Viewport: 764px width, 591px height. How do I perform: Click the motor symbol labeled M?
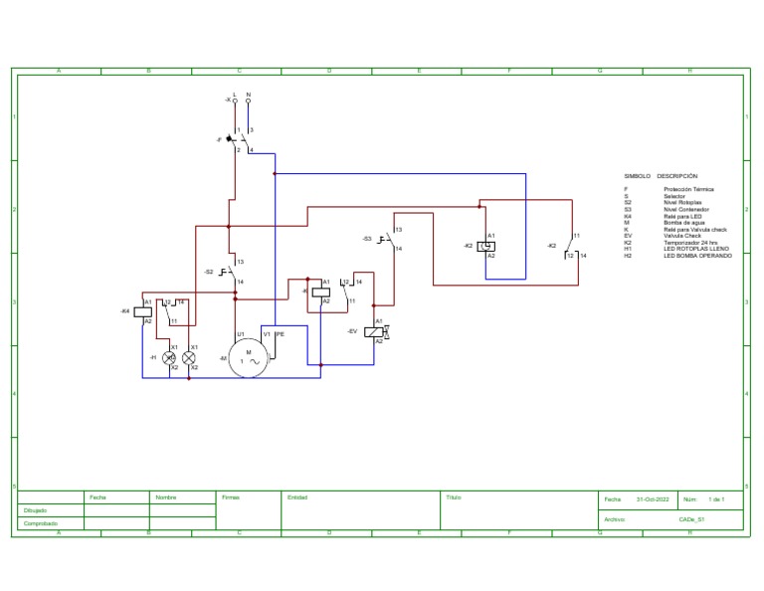[249, 357]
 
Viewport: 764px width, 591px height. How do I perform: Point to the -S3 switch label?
[367, 239]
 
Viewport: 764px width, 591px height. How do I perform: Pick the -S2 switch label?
[208, 272]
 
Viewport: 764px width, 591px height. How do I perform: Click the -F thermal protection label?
[218, 140]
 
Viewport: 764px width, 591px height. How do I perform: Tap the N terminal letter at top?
[248, 95]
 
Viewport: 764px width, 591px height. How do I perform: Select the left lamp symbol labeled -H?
[169, 356]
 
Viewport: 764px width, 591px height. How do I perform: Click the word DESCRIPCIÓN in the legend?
[677, 176]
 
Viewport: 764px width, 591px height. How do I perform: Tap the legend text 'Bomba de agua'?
[683, 223]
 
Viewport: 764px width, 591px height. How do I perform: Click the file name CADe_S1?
[691, 518]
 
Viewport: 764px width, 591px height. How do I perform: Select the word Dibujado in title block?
[36, 510]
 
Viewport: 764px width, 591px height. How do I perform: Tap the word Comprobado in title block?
[40, 523]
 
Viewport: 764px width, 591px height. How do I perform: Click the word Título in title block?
[454, 497]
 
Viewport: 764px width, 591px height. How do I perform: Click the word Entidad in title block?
[297, 497]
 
